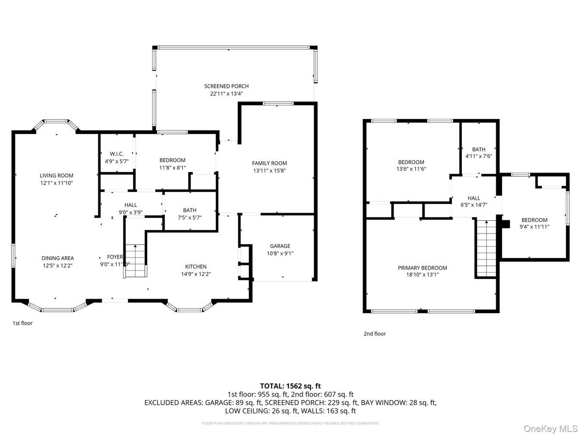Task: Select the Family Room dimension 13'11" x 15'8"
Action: tap(269, 170)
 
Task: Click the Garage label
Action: tap(280, 246)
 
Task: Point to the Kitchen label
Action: tap(196, 266)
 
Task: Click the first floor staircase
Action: tap(135, 261)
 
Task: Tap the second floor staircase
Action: tap(485, 248)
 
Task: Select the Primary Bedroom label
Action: tap(422, 268)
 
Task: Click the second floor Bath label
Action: tap(479, 149)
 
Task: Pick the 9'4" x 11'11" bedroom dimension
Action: tap(535, 226)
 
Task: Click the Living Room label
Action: tap(56, 175)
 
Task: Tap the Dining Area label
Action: tap(57, 258)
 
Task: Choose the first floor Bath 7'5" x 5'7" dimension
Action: tap(189, 217)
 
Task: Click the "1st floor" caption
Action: tap(22, 323)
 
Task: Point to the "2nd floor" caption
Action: tap(375, 333)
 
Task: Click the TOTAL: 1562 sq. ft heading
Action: tap(290, 386)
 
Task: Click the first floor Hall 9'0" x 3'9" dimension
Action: tap(131, 212)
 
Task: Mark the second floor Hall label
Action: tap(474, 198)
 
